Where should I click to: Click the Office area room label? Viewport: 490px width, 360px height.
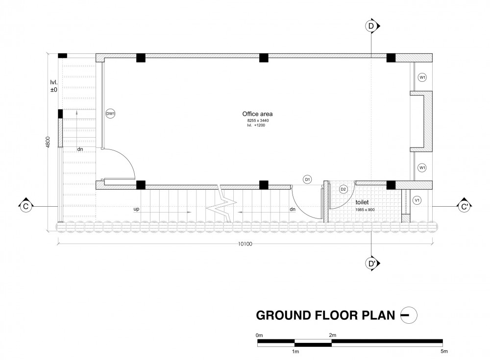click(257, 114)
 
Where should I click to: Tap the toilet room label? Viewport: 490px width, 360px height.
click(362, 202)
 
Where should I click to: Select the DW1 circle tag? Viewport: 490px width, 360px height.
click(110, 114)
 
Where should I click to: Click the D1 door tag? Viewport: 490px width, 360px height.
click(308, 179)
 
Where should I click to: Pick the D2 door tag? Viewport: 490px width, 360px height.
click(343, 189)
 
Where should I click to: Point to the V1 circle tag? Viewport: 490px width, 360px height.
click(417, 200)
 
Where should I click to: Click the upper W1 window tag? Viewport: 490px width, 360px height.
click(422, 77)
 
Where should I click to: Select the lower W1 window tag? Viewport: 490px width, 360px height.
click(422, 168)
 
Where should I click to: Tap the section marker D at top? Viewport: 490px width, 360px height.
click(372, 26)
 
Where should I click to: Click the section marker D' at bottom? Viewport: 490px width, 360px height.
click(372, 264)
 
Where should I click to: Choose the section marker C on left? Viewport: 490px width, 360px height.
click(25, 206)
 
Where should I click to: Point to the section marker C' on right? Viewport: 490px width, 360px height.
click(465, 206)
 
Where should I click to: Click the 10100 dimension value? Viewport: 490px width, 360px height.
click(245, 244)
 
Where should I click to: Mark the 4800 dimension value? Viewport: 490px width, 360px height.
click(48, 142)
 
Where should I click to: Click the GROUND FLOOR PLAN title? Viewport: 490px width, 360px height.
click(325, 315)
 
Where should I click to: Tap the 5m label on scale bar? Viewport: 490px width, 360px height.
click(444, 351)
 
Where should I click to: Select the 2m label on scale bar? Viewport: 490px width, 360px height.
click(333, 335)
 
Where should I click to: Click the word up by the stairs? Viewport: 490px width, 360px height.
click(136, 209)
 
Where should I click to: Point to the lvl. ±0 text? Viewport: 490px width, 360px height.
click(54, 86)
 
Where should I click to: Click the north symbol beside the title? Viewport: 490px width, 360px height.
click(409, 315)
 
